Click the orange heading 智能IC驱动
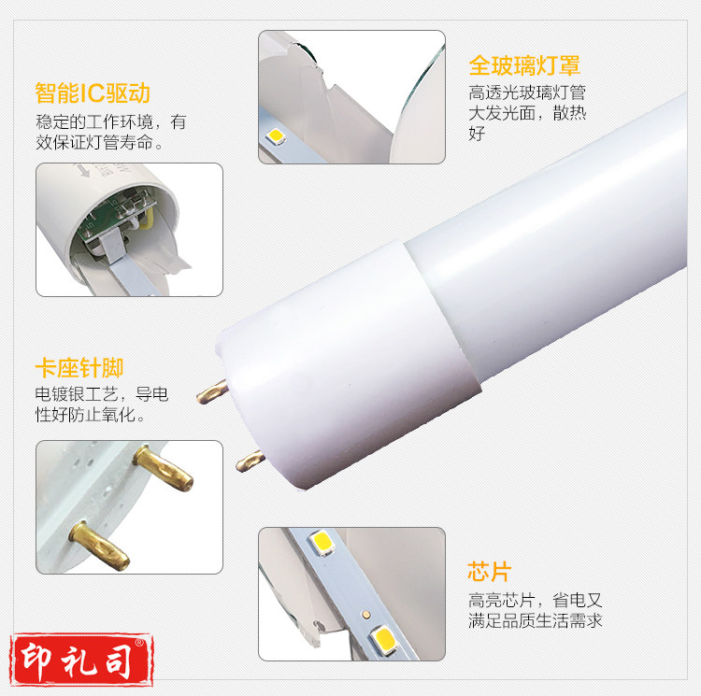(x=93, y=92)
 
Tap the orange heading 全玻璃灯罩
(x=524, y=65)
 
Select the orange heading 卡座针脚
(x=79, y=368)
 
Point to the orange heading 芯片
(x=490, y=572)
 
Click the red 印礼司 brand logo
(x=81, y=660)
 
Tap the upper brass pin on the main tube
(x=212, y=391)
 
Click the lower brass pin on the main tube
(x=250, y=461)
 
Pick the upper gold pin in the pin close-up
(x=164, y=468)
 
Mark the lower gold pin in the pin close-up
(x=99, y=546)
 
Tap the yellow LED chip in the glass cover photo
(x=276, y=135)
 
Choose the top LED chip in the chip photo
(x=322, y=543)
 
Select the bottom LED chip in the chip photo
(x=383, y=640)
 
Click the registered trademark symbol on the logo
(x=139, y=643)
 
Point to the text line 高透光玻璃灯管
(x=527, y=92)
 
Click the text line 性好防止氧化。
(x=91, y=415)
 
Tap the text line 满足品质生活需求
(x=536, y=620)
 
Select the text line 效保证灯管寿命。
(x=99, y=143)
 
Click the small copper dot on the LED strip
(x=366, y=614)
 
